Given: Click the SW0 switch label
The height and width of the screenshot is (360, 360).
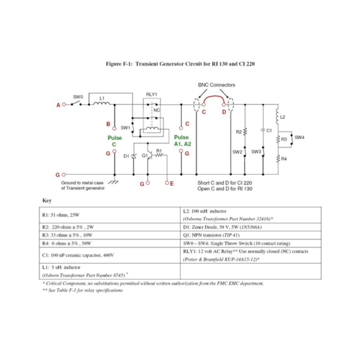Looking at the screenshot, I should [x=77, y=97].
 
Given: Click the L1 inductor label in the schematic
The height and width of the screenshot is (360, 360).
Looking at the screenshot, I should [x=102, y=98].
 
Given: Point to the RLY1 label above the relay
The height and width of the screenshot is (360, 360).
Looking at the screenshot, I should [x=152, y=94].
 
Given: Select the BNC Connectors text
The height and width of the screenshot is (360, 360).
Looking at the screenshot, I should [x=217, y=85].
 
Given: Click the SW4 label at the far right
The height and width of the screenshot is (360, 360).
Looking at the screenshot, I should [x=299, y=137].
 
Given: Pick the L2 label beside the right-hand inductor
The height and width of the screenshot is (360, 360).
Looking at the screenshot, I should [x=283, y=117].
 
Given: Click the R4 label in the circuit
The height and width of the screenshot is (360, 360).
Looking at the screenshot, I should [x=284, y=159].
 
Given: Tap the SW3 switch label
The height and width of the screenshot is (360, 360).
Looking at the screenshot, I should [x=256, y=151].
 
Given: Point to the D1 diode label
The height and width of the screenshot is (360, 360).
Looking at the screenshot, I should [x=126, y=157].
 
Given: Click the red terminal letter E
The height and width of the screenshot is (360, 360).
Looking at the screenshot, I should [x=172, y=183].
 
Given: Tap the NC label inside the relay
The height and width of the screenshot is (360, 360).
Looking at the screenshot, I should [x=157, y=110].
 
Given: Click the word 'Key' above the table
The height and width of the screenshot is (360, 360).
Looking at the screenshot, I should [x=47, y=200].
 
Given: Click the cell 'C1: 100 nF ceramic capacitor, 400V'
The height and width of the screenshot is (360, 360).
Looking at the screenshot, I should [x=77, y=255].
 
